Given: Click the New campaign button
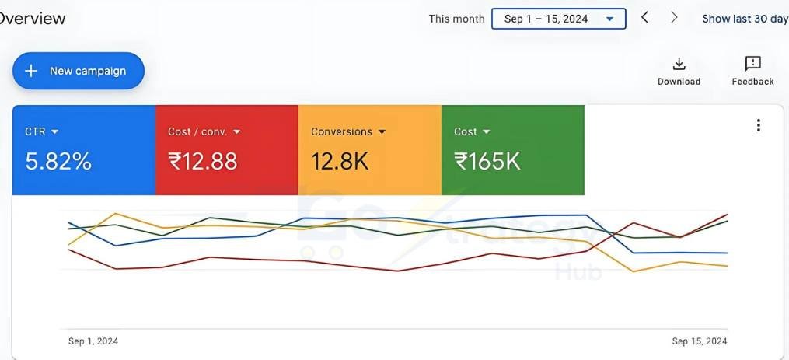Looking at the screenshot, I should click(79, 71).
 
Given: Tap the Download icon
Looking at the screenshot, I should click(679, 64).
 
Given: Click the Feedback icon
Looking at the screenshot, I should click(752, 64).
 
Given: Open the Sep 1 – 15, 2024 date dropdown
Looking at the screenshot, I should click(558, 19).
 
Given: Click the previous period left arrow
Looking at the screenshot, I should click(644, 18).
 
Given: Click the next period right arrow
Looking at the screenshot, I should click(674, 18).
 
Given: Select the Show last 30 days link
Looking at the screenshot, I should click(745, 19).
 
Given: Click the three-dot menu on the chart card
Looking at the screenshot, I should click(758, 125).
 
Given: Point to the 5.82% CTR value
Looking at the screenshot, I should click(58, 162).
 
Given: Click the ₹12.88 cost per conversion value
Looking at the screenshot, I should click(203, 162).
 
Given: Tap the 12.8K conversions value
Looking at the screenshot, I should click(340, 162).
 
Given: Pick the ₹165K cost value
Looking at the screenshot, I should click(487, 162).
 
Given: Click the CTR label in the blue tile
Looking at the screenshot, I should click(35, 132).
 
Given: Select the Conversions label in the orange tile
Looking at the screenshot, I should click(341, 132).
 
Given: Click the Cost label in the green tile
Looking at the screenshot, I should click(466, 132).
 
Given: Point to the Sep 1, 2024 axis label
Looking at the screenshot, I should click(93, 341).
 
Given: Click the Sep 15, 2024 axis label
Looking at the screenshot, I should click(700, 341).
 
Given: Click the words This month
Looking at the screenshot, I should click(456, 19).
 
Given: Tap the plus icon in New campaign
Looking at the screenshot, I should click(31, 71).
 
